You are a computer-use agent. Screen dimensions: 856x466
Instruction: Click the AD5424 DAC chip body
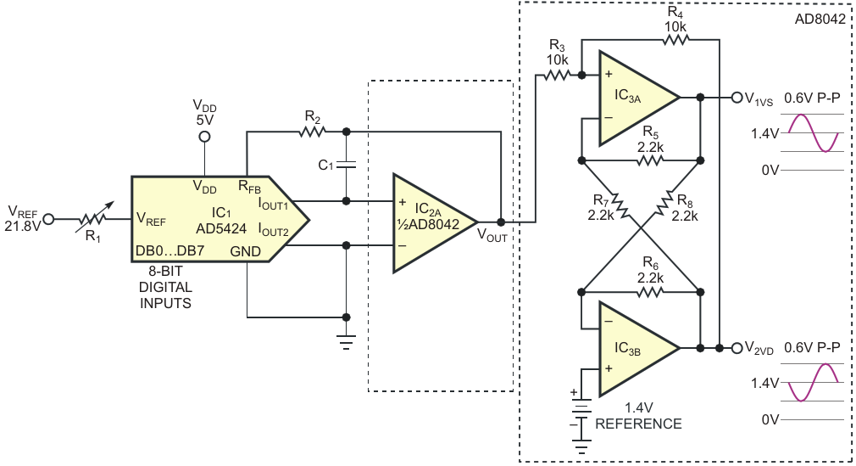tap(219, 219)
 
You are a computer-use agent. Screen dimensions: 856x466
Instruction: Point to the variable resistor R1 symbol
tap(94, 219)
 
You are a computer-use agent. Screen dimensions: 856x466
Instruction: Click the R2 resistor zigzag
tap(313, 132)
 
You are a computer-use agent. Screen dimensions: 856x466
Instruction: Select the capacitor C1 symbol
tap(346, 165)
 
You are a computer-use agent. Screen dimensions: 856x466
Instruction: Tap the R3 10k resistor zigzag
tap(557, 76)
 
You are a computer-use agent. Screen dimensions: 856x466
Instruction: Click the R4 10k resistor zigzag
tap(675, 39)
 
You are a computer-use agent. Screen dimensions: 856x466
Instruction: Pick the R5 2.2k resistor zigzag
tap(650, 160)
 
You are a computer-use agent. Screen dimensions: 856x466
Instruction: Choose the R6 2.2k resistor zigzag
tap(650, 293)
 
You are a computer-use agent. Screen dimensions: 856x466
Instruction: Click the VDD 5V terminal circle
tap(204, 137)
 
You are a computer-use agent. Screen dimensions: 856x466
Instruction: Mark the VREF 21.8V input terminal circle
tap(48, 219)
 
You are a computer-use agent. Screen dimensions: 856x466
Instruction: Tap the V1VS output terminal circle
tap(736, 98)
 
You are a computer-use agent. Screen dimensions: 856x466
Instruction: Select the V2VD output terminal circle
tap(736, 348)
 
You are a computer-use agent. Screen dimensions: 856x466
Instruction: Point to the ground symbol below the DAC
tap(346, 341)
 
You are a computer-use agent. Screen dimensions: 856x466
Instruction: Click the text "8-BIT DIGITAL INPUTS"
tap(165, 287)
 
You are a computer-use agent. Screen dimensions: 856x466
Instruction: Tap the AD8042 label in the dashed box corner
tap(820, 20)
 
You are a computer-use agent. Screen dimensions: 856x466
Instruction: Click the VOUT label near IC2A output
tap(492, 236)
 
